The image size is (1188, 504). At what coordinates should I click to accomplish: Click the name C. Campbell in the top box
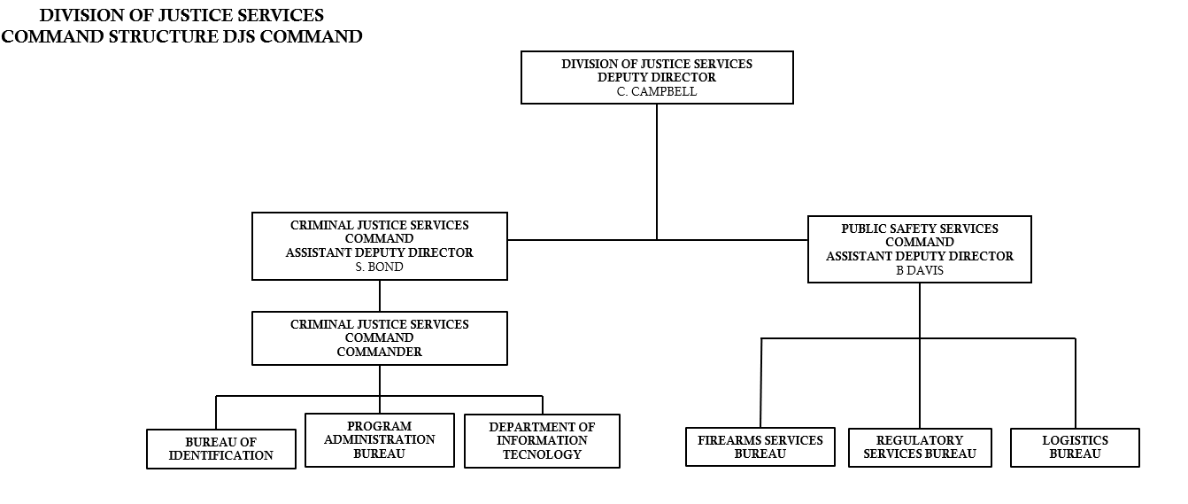[657, 91]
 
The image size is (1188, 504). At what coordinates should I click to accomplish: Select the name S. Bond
[379, 267]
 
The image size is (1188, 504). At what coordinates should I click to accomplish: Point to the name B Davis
[920, 270]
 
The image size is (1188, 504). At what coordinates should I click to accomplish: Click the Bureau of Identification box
[221, 449]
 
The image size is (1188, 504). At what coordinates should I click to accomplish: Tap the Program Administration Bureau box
[379, 440]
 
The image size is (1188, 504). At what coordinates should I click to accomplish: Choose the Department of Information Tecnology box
[542, 441]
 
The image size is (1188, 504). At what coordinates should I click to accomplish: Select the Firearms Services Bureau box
[760, 447]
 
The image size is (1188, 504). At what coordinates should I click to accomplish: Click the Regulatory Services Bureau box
[920, 447]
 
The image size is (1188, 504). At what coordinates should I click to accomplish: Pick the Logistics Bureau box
[1075, 447]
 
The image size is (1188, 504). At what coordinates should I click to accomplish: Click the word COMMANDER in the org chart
[379, 352]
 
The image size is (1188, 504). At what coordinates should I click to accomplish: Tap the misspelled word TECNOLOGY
[542, 454]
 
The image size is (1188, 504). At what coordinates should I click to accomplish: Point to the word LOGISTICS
[1075, 440]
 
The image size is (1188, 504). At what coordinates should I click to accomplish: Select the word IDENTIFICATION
[221, 455]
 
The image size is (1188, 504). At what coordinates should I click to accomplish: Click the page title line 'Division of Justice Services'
[181, 16]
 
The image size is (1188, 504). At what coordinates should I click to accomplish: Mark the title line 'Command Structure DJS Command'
[181, 36]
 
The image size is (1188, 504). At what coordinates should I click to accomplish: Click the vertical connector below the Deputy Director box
[657, 168]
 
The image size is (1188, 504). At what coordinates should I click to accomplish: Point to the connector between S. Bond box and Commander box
[380, 296]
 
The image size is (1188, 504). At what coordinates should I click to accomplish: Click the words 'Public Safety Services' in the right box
[920, 229]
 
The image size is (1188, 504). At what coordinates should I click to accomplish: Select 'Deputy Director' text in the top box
[657, 78]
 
